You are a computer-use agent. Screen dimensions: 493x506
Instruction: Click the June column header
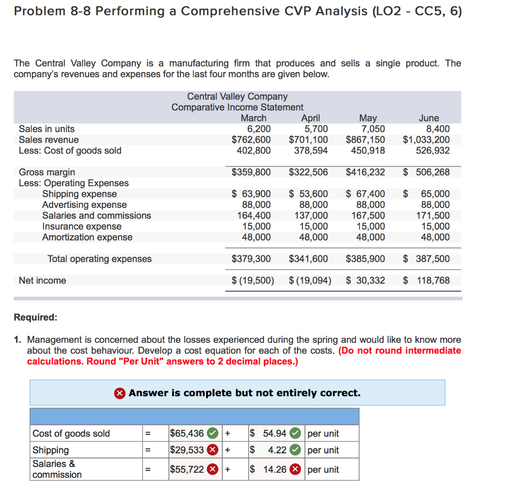coord(428,118)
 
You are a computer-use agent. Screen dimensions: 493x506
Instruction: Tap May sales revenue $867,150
coord(366,140)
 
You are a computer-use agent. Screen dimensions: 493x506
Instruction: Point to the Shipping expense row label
coord(79,194)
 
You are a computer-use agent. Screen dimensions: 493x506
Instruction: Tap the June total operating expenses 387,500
coord(432,258)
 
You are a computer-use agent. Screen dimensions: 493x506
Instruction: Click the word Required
coord(36,317)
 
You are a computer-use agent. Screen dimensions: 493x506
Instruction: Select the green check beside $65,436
coord(212,433)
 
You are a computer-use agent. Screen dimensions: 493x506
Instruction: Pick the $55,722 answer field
coord(187,469)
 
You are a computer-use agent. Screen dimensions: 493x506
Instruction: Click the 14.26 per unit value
coord(275,469)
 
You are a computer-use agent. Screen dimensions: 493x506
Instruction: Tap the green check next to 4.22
coord(294,450)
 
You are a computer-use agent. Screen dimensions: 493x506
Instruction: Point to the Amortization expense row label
coord(87,237)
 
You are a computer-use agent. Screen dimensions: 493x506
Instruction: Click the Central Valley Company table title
coord(237,96)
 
